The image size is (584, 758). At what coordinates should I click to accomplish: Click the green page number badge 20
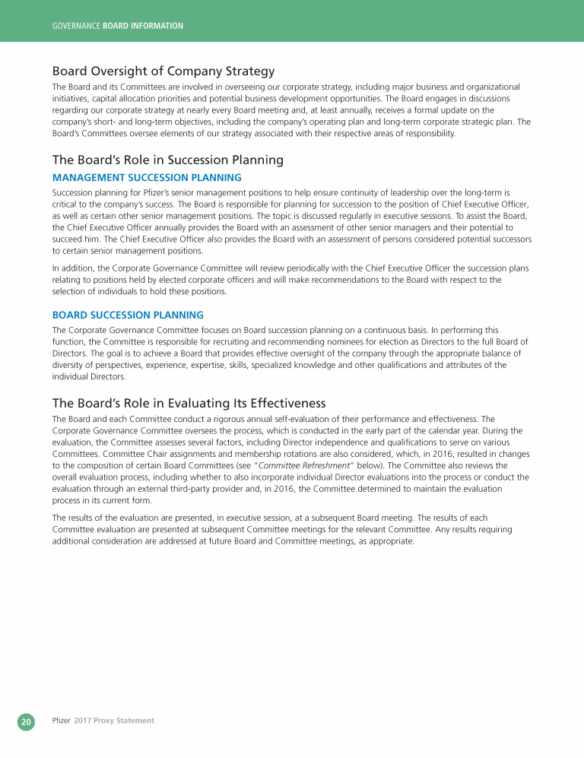click(26, 721)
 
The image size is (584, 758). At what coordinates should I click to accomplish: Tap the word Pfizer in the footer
click(61, 720)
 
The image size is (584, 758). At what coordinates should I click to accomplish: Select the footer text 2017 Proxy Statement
click(114, 720)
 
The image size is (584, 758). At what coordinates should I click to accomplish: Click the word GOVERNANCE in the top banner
click(75, 26)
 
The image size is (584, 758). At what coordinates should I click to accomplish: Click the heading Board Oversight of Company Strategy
click(163, 71)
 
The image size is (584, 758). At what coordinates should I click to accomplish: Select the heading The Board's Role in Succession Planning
click(167, 160)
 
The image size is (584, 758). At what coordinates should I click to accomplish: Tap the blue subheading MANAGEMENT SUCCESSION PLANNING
click(147, 177)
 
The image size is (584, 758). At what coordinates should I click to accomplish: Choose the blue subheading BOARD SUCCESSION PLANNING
click(128, 315)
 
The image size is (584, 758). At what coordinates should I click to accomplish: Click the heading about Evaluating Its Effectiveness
click(189, 402)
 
